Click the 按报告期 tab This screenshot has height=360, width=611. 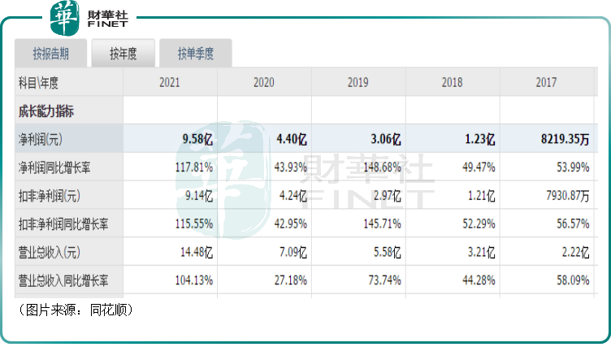click(50, 54)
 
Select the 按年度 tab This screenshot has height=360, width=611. click(123, 54)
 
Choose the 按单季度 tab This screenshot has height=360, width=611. click(195, 54)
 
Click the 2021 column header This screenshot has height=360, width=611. click(170, 82)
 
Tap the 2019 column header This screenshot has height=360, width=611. click(357, 82)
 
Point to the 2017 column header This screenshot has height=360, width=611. click(545, 82)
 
